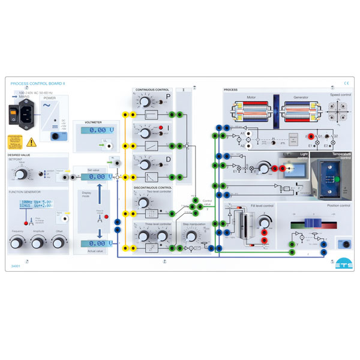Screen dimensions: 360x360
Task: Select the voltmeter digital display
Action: click(x=97, y=130)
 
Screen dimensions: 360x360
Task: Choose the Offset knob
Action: click(x=58, y=242)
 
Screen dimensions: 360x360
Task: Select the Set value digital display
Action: click(x=97, y=177)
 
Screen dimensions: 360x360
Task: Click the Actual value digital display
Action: click(x=97, y=244)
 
